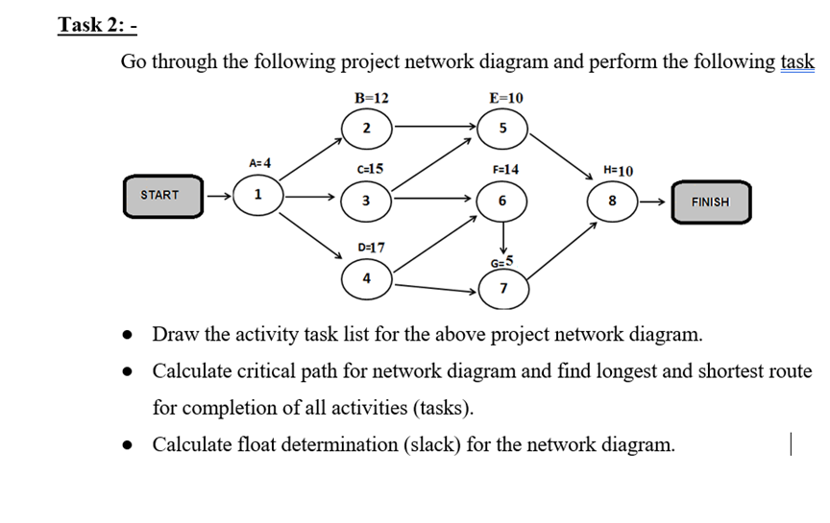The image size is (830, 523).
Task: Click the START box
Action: tap(160, 195)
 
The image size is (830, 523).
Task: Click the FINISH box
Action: tap(710, 202)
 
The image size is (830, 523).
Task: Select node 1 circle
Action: tap(256, 195)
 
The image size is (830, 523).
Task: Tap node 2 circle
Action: tap(366, 129)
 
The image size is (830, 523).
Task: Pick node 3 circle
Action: tap(366, 201)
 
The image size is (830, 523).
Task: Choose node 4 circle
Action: tap(366, 278)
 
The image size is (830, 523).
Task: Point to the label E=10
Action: tap(506, 98)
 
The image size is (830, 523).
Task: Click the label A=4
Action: tap(259, 163)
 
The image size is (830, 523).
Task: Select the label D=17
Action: tap(371, 247)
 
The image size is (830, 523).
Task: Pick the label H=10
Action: tap(619, 170)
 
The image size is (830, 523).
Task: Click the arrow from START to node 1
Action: tap(220, 196)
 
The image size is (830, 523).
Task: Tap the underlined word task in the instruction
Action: tap(796, 62)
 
